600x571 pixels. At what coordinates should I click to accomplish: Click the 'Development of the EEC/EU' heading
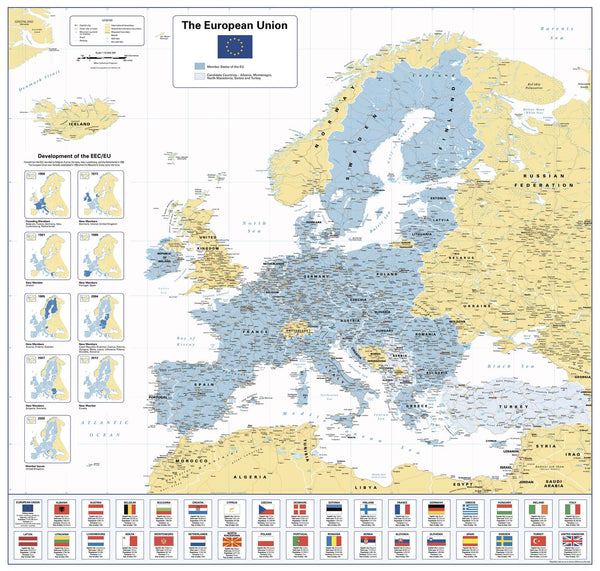pyautogui.click(x=76, y=157)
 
